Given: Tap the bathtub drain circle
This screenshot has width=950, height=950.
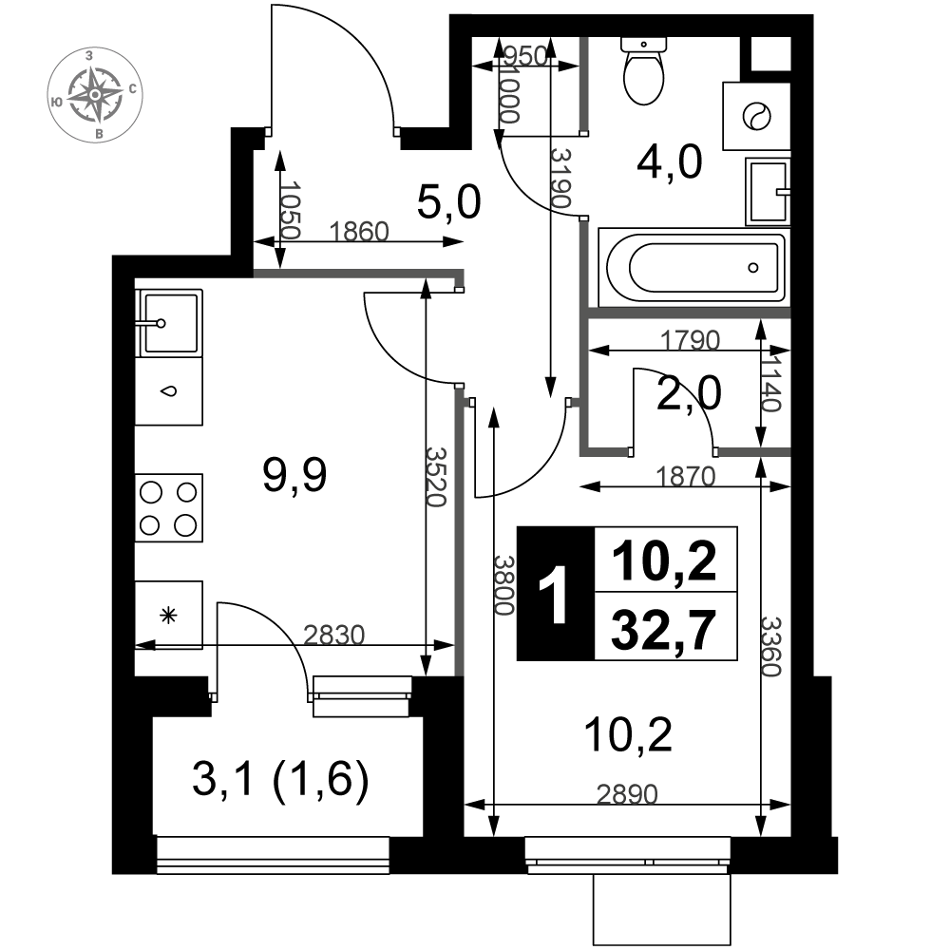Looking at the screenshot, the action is coord(753,267).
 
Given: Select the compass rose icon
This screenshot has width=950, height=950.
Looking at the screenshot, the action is coord(95,94).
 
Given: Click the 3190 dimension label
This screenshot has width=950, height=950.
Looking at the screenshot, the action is coord(560,179).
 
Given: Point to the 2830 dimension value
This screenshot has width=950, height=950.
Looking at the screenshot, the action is coord(333,635).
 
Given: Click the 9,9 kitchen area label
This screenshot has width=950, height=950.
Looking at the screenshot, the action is coord(294,475).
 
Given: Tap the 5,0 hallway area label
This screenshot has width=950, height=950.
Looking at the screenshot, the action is coord(449,202).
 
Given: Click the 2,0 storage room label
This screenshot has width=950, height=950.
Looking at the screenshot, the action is coord(689,393).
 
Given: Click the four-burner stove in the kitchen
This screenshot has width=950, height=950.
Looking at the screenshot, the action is coord(168,507).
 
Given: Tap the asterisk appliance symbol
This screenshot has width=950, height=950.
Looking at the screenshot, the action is coord(168,617).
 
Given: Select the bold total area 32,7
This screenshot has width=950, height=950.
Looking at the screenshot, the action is coord(664,629).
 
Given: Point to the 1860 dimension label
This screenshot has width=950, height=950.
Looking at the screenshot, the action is coord(359,232).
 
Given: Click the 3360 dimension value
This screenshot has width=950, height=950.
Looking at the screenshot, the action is coord(771,646).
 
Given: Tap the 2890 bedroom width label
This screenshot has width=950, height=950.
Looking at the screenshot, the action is coord(627,793).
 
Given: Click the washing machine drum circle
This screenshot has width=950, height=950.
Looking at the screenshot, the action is coord(757,116).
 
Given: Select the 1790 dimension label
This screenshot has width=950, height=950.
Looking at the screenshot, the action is coord(690,340).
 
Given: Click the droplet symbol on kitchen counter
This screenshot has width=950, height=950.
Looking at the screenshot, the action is coord(169,390).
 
